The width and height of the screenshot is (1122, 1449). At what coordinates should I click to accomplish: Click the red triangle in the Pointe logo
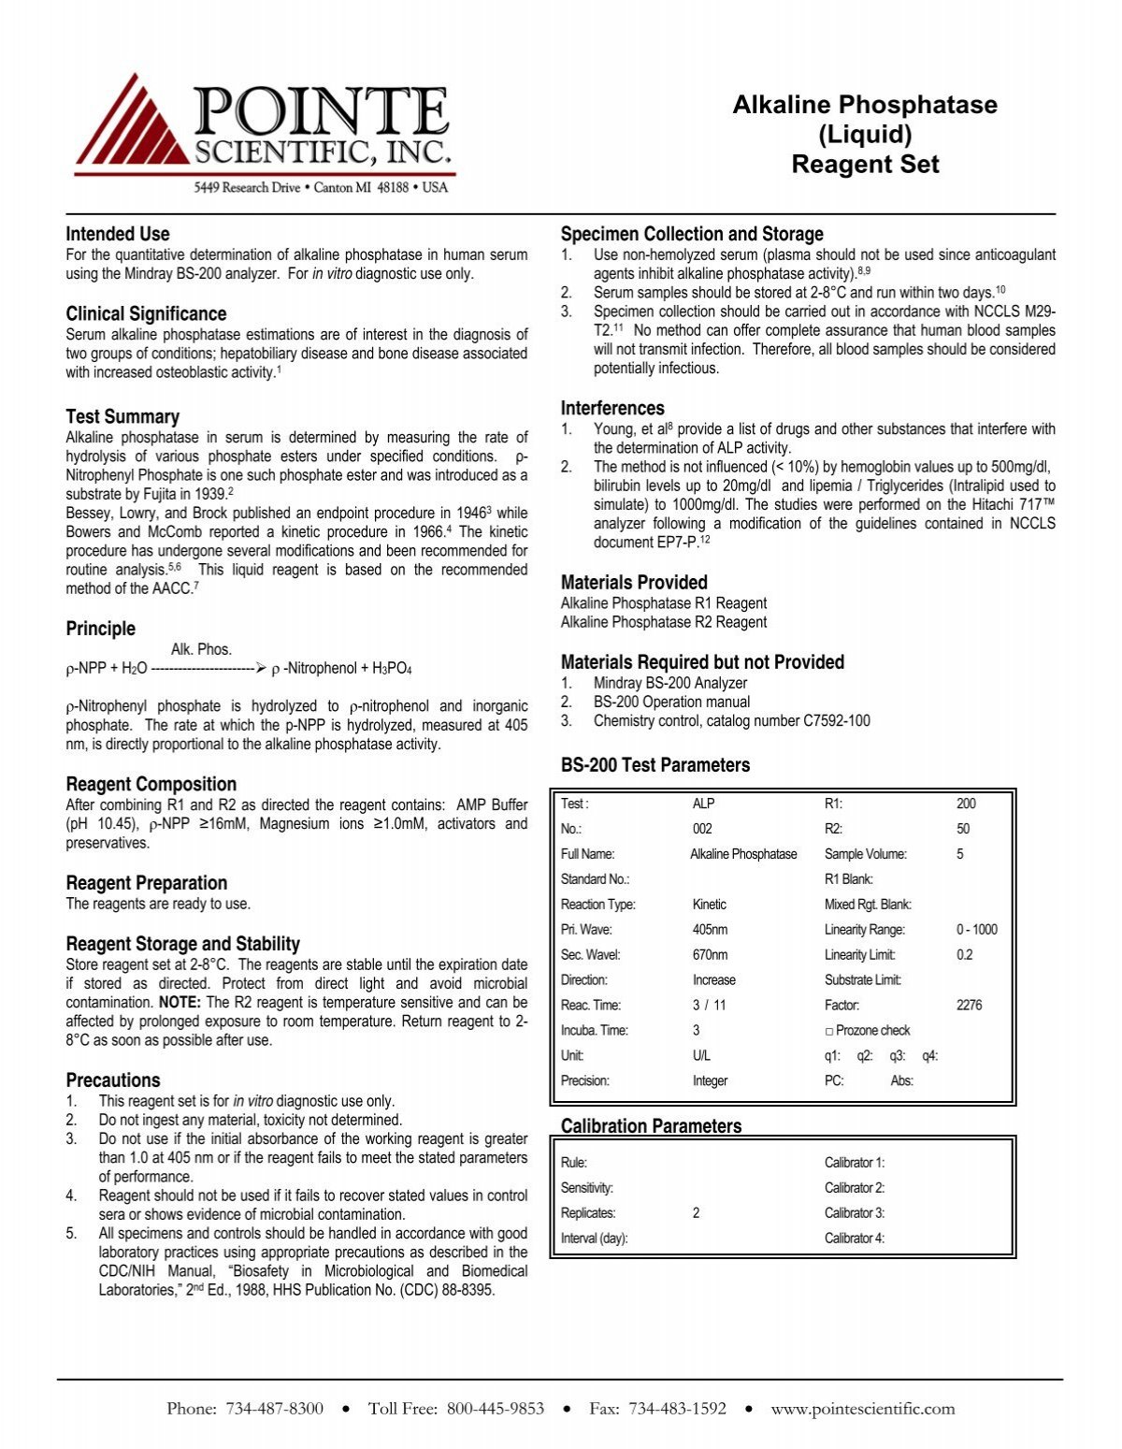131,126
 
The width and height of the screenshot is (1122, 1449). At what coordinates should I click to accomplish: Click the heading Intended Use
118,234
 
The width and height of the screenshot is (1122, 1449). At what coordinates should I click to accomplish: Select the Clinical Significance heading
146,313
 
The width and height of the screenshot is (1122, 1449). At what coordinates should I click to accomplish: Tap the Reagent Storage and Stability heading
182,943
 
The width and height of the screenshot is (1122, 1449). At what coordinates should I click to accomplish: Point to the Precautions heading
112,1080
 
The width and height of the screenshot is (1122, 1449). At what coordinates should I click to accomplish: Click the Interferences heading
612,408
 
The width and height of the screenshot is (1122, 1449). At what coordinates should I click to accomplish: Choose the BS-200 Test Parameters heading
654,765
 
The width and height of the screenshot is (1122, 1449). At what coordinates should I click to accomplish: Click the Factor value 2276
969,1005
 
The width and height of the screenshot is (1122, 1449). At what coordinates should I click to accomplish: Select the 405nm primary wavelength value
710,929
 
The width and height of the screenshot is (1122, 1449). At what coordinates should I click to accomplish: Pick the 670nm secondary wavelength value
710,954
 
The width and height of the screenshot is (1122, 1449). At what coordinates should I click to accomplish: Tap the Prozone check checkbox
829,1030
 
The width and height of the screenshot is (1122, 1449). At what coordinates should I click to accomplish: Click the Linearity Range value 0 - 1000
976,929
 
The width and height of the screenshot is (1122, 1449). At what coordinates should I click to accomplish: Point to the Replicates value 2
696,1212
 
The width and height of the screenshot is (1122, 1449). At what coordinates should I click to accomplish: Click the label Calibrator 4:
854,1238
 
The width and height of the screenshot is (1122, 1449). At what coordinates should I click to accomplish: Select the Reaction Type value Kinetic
709,904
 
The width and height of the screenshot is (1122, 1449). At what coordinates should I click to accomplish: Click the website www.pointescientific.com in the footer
862,1409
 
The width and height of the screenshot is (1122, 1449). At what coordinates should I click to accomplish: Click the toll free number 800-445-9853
495,1409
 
